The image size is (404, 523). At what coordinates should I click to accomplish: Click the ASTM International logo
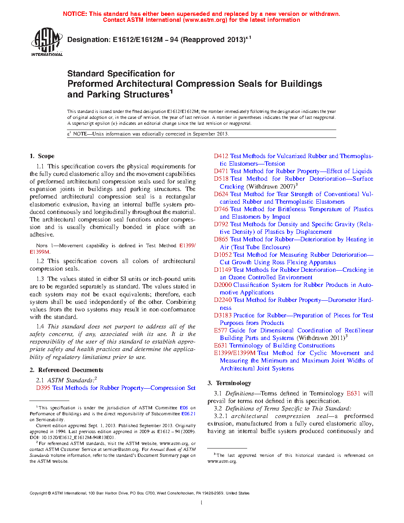pyautogui.click(x=47, y=41)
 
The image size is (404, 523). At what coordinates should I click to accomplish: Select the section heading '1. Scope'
pyautogui.click(x=42, y=156)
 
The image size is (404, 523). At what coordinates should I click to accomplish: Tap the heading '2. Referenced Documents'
pyautogui.click(x=66, y=370)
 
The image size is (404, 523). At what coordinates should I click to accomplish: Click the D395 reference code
pyautogui.click(x=43, y=388)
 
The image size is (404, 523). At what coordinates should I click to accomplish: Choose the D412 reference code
pyautogui.click(x=221, y=156)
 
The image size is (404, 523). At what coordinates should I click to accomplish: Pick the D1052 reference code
pyautogui.click(x=223, y=255)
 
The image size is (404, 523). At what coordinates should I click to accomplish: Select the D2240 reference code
pyautogui.click(x=223, y=300)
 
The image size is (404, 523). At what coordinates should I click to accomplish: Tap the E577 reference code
pyautogui.click(x=221, y=330)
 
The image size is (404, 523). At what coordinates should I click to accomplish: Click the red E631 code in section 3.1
pyautogui.click(x=353, y=393)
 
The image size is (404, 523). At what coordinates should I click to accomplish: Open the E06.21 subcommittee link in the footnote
pyautogui.click(x=189, y=414)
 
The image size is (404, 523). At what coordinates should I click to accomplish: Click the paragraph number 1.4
pyautogui.click(x=40, y=326)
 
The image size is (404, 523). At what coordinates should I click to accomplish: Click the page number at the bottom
pyautogui.click(x=202, y=502)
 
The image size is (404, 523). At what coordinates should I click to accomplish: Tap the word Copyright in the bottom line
pyautogui.click(x=38, y=493)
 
